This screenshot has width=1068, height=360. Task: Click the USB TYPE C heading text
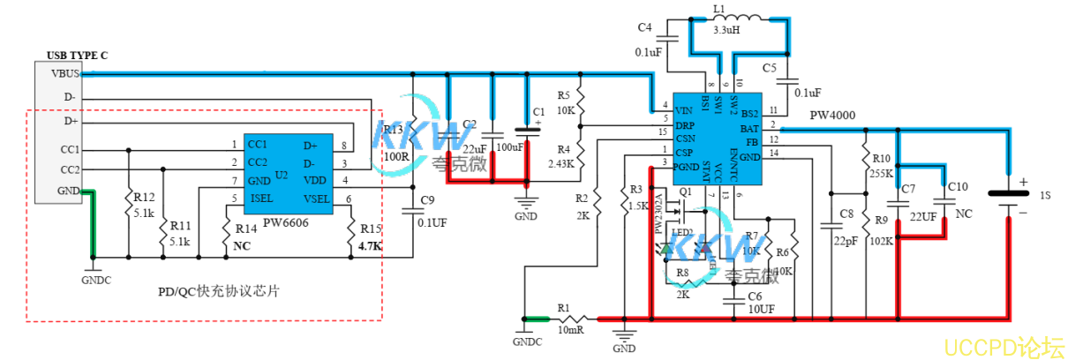(x=71, y=55)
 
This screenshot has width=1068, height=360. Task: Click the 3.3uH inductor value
(x=726, y=29)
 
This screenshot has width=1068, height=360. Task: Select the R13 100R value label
(x=395, y=156)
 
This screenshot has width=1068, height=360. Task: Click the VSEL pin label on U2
(x=317, y=199)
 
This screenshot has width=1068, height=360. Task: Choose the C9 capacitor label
(x=428, y=200)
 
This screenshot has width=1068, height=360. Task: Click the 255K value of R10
(x=881, y=174)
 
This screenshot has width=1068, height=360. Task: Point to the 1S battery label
(x=1044, y=193)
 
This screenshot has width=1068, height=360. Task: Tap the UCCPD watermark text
(x=1002, y=345)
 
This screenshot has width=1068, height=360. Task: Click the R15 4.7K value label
(x=370, y=247)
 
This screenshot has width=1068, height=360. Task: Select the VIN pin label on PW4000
(x=683, y=111)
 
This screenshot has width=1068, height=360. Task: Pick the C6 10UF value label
(x=761, y=310)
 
